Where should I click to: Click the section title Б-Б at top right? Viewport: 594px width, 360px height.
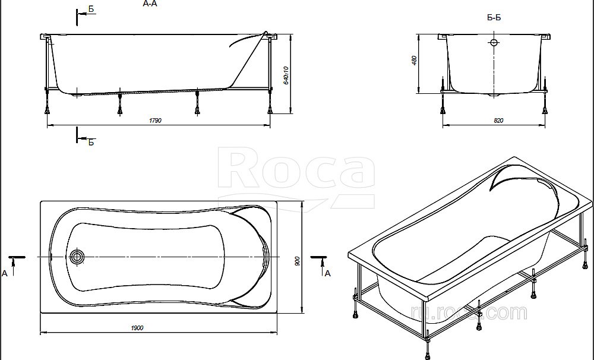494,18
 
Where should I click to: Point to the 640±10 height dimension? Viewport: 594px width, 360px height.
286,74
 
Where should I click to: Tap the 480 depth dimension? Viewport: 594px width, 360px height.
415,61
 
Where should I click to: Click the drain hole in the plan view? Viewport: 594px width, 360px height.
77,257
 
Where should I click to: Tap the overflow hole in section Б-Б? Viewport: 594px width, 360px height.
494,43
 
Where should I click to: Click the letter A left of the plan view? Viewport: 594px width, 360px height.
5,273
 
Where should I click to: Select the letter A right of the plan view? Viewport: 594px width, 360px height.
327,273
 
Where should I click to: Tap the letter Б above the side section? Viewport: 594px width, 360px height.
91,8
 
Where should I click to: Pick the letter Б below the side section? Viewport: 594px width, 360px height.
91,142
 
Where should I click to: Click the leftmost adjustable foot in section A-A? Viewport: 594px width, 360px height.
47,107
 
